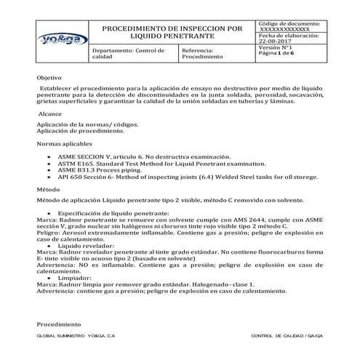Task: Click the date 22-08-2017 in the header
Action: click(x=274, y=41)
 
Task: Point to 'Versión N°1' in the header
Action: click(x=276, y=47)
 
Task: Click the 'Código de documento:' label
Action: click(x=290, y=24)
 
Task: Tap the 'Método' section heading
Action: click(x=49, y=188)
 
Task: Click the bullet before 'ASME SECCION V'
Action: click(x=48, y=157)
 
